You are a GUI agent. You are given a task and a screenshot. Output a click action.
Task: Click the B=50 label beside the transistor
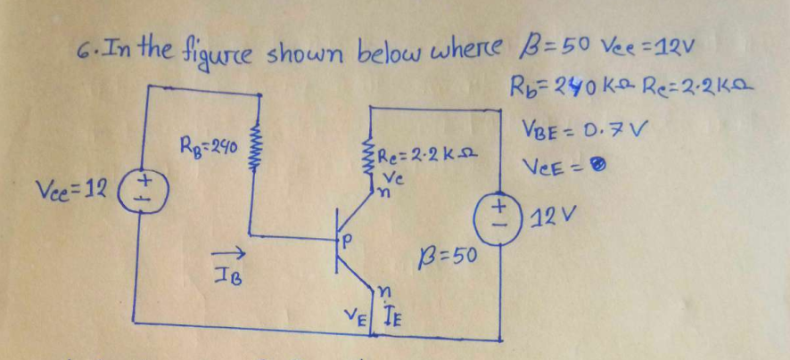[x=448, y=258]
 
